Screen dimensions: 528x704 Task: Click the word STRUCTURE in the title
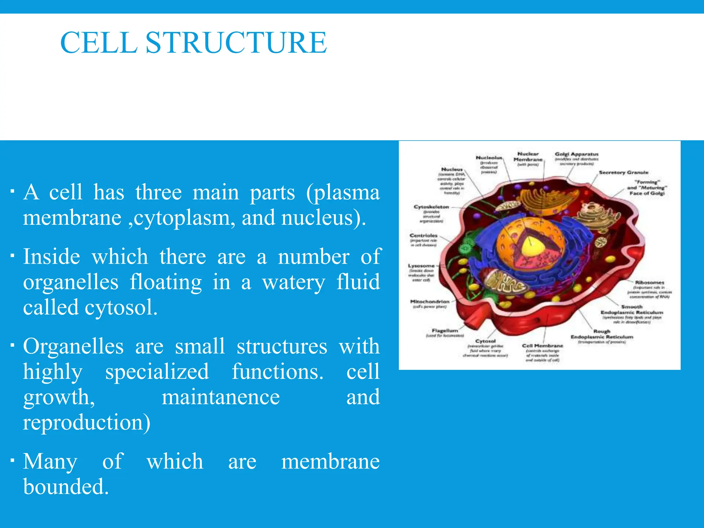(236, 43)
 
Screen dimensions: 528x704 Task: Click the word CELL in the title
(99, 43)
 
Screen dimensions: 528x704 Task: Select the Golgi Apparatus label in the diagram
(576, 154)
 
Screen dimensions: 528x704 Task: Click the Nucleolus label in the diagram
(489, 157)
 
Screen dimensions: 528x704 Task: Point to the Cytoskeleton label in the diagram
(431, 207)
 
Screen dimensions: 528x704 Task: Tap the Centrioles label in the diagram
(423, 235)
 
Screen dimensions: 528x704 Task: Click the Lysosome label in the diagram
(421, 266)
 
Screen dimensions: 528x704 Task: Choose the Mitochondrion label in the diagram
(430, 301)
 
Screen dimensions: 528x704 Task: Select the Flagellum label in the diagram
(445, 330)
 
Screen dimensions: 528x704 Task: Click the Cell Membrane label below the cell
(542, 345)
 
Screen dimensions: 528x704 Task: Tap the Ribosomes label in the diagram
(649, 282)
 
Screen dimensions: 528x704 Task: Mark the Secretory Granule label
(624, 173)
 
